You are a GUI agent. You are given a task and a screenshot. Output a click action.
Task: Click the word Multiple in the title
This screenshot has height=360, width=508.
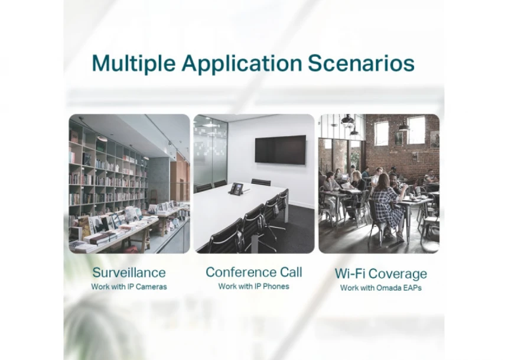coord(134,63)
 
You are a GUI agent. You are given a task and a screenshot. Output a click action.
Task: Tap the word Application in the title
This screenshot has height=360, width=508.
coord(242,63)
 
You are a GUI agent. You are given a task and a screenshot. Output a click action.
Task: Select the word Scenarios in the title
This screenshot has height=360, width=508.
coord(361,63)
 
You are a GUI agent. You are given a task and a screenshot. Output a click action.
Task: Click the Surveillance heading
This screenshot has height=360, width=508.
coord(129,273)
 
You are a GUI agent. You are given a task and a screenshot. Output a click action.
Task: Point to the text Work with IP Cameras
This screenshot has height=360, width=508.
coord(129,287)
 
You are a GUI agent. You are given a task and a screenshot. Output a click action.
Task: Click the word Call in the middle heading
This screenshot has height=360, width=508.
coord(291,272)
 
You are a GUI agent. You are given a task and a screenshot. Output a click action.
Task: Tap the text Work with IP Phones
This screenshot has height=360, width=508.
coord(253,286)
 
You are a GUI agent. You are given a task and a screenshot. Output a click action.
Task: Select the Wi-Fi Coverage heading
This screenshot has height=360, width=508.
coord(380,274)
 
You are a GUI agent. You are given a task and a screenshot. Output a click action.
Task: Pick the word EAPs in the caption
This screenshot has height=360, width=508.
coord(412,288)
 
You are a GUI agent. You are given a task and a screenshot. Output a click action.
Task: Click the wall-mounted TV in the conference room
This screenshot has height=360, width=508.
coord(280,150)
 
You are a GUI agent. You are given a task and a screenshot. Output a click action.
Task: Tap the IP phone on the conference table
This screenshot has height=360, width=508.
coord(236,189)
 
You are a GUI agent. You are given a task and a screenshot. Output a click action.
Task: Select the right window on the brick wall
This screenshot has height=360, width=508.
coord(416,129)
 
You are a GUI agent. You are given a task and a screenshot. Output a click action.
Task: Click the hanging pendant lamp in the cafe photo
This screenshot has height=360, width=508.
coord(347,121)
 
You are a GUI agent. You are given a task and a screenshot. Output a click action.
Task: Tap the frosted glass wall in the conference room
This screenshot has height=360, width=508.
coord(211,151)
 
